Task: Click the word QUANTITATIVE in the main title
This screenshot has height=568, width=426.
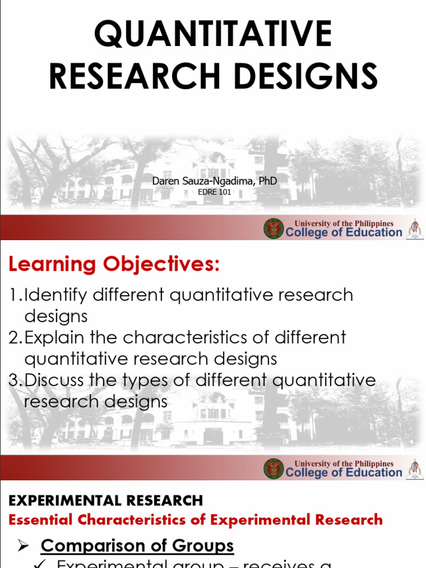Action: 213,34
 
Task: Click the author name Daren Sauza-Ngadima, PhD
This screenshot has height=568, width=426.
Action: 215,181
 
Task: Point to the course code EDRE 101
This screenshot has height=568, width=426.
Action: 214,192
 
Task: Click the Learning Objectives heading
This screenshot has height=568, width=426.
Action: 114,265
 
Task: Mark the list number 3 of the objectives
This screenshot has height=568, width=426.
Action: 14,381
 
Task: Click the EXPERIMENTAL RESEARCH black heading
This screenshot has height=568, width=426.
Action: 106,500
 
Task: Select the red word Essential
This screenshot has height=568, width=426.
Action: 40,520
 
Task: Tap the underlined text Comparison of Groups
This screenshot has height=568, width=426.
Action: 137,545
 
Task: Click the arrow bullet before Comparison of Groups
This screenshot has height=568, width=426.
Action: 23,546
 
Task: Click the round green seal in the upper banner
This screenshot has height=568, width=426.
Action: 273,229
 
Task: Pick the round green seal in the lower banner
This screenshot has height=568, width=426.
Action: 273,469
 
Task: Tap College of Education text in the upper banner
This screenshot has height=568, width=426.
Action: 344,232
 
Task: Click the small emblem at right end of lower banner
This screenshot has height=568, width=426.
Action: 414,469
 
